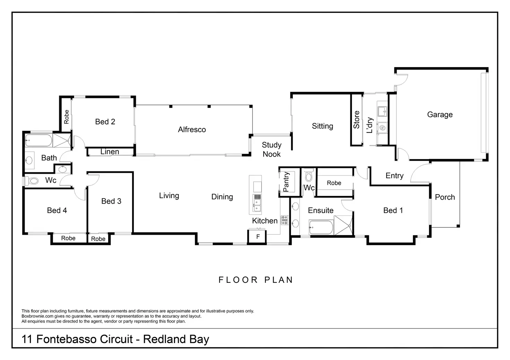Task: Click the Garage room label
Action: point(440,115)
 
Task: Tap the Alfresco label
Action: point(192,129)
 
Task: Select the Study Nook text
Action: point(272,150)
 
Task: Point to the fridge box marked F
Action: point(258,237)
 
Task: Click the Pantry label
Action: point(286,182)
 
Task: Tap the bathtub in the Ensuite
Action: point(320,228)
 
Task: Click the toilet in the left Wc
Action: point(33,181)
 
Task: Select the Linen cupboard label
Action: point(109,152)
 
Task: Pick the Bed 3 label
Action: point(111,201)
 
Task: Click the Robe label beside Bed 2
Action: point(67,117)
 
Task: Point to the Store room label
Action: point(357,120)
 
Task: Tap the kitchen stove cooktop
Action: point(284,220)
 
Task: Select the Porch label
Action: point(445,197)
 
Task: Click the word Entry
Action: point(394,176)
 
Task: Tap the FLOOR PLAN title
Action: point(256,280)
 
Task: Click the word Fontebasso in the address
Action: point(67,339)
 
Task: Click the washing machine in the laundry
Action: point(382,128)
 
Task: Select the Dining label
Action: point(222,197)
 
